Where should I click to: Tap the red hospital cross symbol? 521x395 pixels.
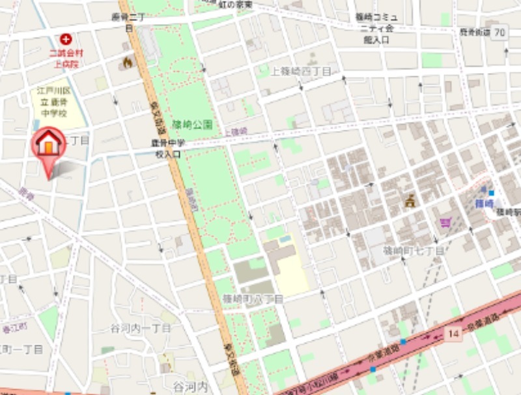66,40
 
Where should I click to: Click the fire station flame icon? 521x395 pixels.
126,62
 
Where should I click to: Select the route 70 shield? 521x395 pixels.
500,32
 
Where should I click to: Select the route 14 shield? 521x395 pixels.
455,333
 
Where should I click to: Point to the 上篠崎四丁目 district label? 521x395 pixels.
302,71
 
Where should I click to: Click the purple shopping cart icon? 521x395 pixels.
445,222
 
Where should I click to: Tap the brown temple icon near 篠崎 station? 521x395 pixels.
410,201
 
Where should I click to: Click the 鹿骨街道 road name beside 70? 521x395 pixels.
475,32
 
